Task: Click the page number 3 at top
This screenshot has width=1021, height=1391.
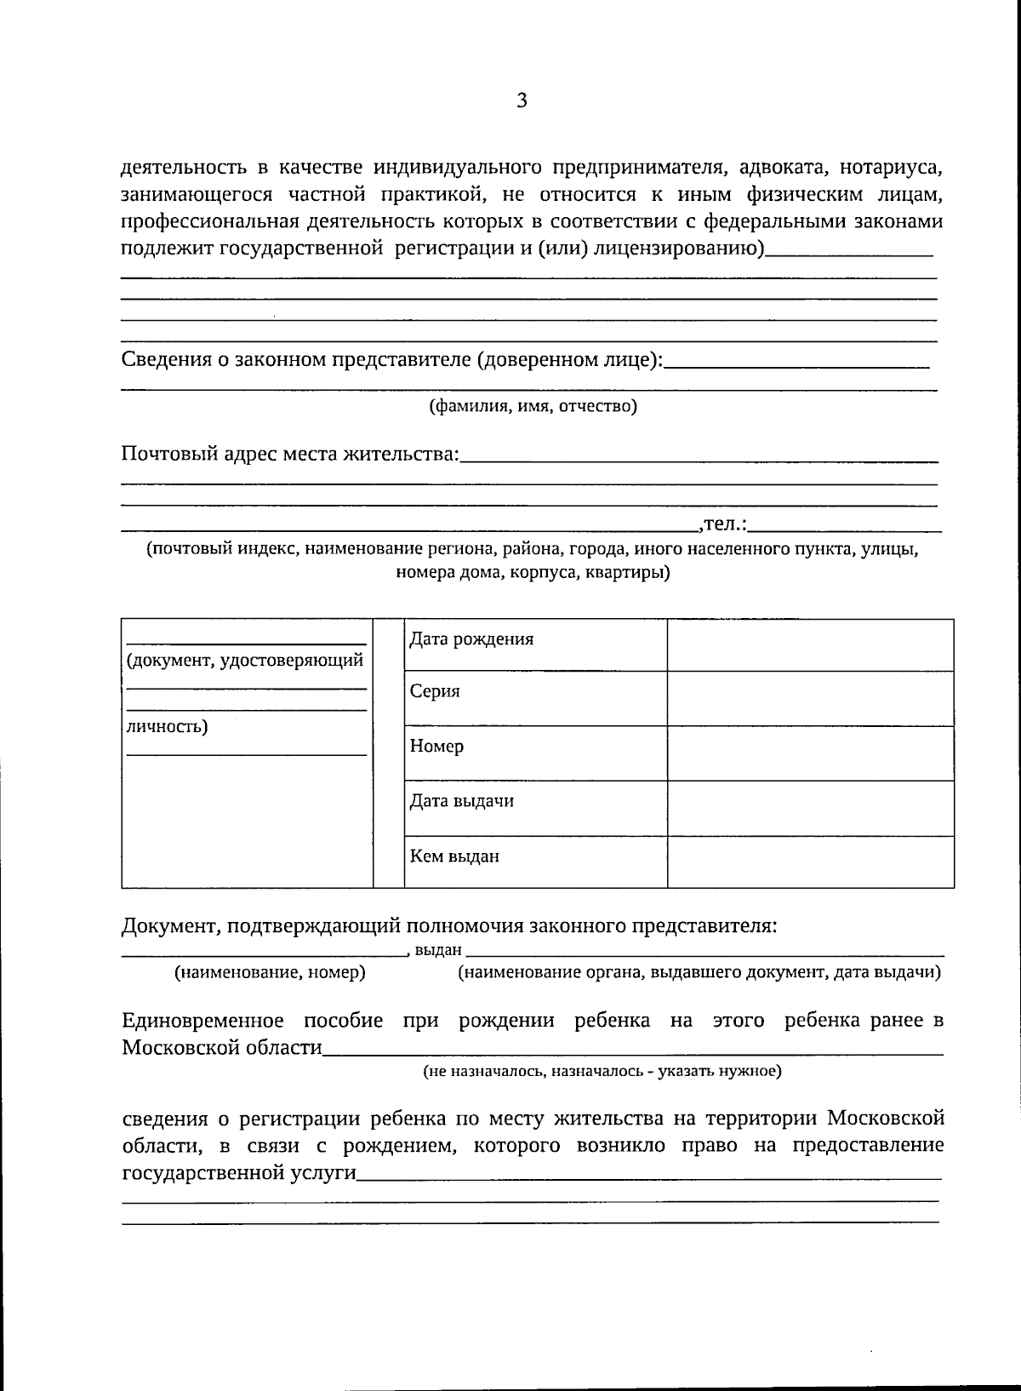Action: tap(522, 101)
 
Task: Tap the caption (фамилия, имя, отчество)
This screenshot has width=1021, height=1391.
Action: tap(533, 405)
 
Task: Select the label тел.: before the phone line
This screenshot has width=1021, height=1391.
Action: tap(722, 524)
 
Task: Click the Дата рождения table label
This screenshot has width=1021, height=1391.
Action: tap(471, 639)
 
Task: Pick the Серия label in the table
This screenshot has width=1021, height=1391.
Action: tap(435, 691)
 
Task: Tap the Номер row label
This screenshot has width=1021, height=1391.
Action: tap(436, 747)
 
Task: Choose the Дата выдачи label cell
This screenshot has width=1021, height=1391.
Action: tap(461, 801)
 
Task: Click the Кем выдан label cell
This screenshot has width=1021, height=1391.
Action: tap(454, 856)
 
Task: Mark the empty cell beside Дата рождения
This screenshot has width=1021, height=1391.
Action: tap(809, 645)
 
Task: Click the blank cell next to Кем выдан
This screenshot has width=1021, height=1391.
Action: tap(809, 862)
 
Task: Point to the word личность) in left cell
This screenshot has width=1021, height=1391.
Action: tap(167, 726)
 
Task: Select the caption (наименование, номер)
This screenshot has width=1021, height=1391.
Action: tap(270, 972)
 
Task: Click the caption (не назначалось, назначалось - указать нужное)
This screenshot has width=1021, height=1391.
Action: tap(602, 1071)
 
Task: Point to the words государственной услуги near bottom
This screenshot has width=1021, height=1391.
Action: tap(239, 1173)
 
